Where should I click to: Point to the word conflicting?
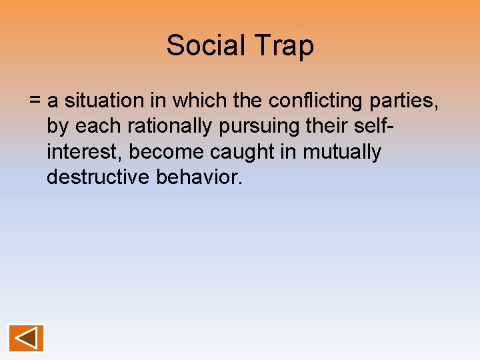311,101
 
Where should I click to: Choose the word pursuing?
257,126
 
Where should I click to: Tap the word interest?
85,152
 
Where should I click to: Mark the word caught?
243,152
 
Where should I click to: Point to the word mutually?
342,152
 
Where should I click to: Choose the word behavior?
199,177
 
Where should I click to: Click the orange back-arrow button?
26,338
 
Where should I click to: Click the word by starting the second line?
57,126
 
